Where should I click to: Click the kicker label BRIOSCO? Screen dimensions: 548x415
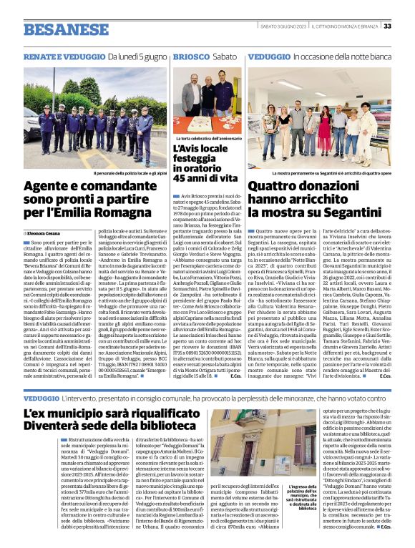(x=191, y=56)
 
